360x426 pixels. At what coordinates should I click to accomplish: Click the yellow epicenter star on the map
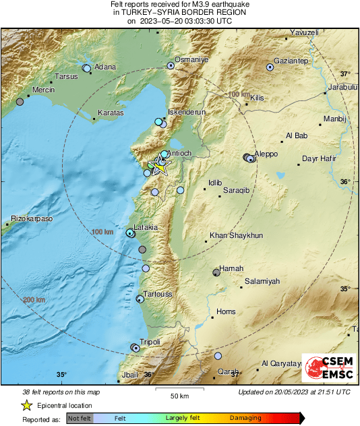pos(160,166)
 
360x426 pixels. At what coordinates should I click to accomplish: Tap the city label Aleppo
pos(266,154)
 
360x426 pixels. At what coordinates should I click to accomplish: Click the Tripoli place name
pos(150,342)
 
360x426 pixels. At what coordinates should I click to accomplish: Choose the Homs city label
pos(226,311)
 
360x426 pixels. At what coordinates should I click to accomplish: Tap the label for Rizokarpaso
pos(32,219)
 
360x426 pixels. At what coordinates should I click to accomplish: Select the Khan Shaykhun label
pos(236,235)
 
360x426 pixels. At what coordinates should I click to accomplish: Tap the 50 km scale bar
pos(179,392)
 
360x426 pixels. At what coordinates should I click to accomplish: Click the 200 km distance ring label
pos(34,300)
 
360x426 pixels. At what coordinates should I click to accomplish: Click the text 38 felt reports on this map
pos(60,392)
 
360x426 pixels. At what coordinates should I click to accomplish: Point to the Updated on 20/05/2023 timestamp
pos(294,392)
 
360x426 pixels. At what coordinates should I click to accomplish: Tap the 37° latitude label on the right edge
pos(345,73)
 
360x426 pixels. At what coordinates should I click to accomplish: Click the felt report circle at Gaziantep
pos(270,67)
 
